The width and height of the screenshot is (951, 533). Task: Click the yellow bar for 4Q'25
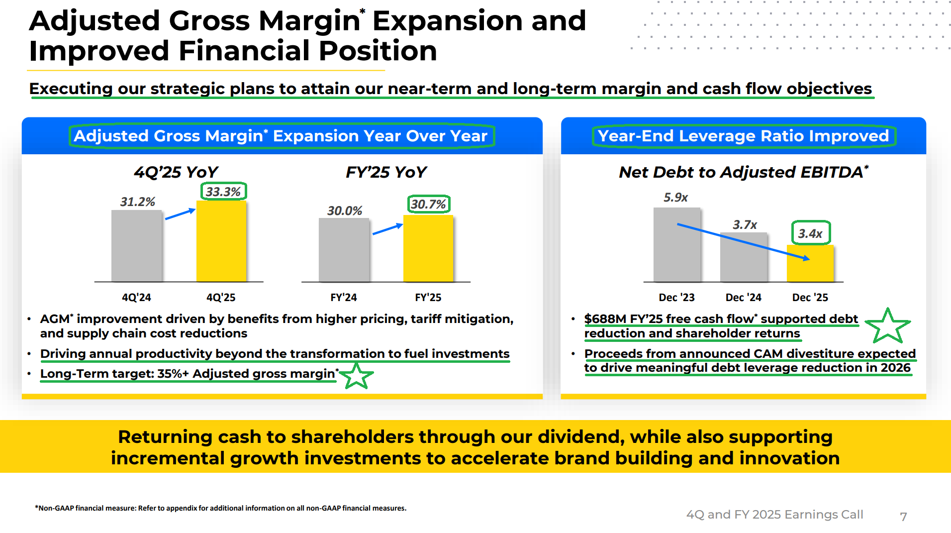(221, 241)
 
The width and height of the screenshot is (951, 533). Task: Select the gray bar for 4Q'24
(137, 246)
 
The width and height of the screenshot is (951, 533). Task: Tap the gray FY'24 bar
(344, 250)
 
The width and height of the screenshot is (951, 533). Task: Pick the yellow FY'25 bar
(428, 248)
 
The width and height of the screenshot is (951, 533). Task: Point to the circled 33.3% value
(223, 192)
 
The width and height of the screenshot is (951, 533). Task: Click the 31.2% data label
(137, 202)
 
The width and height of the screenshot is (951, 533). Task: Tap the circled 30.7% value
(428, 204)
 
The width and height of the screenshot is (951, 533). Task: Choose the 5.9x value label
(675, 198)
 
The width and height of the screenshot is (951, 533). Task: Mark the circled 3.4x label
(810, 233)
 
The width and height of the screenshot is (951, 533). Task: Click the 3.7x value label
(745, 225)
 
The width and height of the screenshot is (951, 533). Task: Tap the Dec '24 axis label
(743, 298)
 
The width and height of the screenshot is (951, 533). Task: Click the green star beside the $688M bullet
(887, 326)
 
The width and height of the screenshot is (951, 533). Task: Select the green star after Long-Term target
(356, 376)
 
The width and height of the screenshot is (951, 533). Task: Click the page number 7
(903, 517)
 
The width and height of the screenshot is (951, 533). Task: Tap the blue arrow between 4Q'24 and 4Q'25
(180, 214)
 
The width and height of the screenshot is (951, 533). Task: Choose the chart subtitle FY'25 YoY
(386, 172)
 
